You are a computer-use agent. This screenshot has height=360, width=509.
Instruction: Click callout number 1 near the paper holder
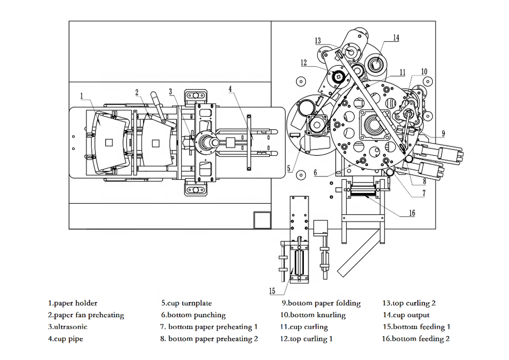(x=82, y=96)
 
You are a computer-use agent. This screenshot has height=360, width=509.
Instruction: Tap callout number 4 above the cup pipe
(x=230, y=89)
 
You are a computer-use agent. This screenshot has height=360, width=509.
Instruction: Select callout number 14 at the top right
(x=396, y=38)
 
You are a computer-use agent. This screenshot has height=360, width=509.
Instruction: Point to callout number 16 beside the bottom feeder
(x=412, y=213)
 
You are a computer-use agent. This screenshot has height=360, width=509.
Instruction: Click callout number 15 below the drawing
(x=272, y=291)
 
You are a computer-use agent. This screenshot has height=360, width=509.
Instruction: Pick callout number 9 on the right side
(x=443, y=134)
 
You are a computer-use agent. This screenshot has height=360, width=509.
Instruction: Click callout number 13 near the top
(x=318, y=41)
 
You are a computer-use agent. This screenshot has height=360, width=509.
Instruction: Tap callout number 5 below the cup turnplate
(x=289, y=169)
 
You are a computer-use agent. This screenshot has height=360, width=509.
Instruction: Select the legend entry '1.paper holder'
(x=73, y=303)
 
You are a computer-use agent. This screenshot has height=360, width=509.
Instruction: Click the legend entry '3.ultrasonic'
(x=67, y=327)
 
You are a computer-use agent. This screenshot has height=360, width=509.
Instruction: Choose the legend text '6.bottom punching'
(x=194, y=315)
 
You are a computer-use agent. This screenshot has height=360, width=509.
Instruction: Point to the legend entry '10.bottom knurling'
(x=313, y=315)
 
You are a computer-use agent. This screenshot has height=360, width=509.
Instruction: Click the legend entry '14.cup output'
(x=406, y=315)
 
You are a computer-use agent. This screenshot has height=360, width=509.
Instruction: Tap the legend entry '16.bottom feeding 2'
(x=416, y=339)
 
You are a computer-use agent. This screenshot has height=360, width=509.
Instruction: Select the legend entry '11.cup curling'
(x=304, y=327)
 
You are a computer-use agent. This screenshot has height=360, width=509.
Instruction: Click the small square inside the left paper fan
(x=109, y=143)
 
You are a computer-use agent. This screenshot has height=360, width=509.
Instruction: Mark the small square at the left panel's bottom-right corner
(x=262, y=220)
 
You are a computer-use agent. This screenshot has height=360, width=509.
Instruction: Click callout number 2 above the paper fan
(x=137, y=92)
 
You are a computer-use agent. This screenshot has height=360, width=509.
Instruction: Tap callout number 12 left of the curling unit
(x=304, y=63)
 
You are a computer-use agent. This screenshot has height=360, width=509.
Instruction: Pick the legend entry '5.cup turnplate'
(x=187, y=303)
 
